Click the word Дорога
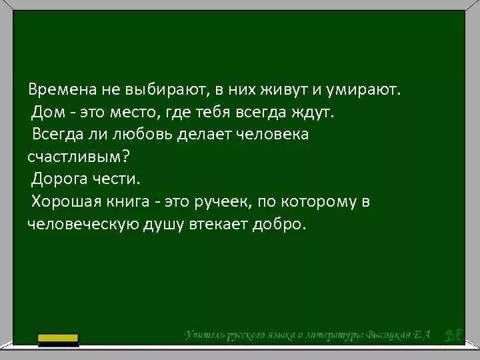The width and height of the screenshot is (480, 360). click(x=59, y=179)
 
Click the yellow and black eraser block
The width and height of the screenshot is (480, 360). click(x=58, y=339)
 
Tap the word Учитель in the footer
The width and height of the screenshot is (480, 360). click(x=206, y=334)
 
